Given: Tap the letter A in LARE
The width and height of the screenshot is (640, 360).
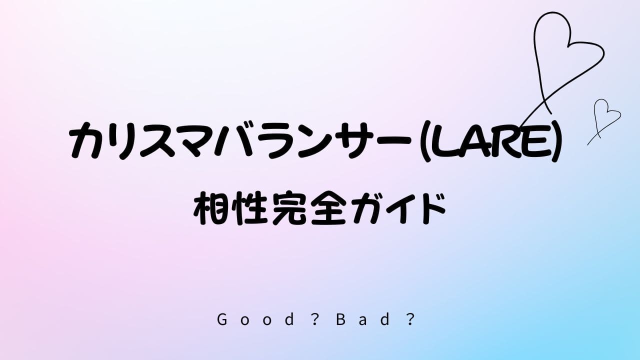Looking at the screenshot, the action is click(474, 142).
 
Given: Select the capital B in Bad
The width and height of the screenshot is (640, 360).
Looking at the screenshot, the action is click(340, 319).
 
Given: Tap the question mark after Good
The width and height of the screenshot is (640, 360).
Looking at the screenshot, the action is click(314, 319).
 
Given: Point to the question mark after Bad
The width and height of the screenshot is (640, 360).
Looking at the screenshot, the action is click(410, 319).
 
